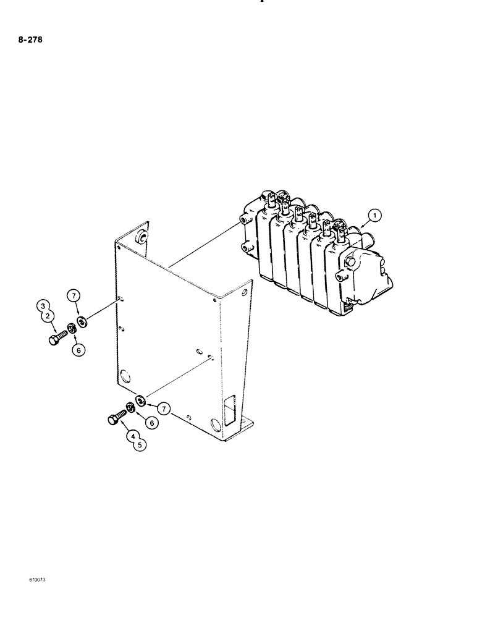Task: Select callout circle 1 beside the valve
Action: tap(374, 216)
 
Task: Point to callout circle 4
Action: tap(133, 436)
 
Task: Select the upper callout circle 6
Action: tap(77, 349)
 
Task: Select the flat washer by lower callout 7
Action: tap(141, 401)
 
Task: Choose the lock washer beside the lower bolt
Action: tap(131, 407)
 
